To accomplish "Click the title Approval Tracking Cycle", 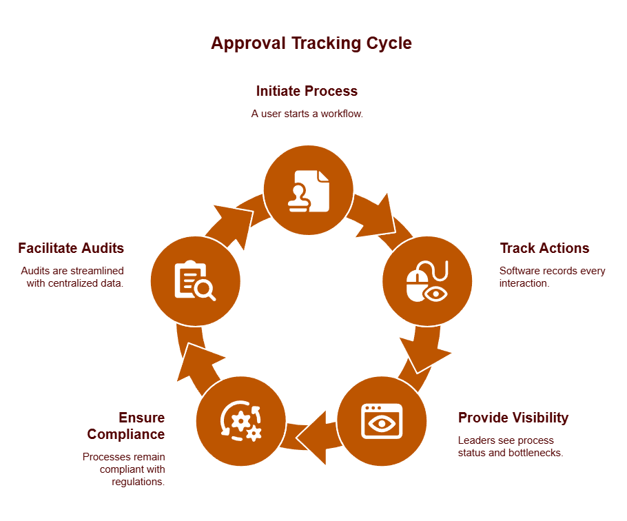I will [x=311, y=43].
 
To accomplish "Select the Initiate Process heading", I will [x=307, y=91].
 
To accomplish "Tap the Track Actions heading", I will [x=544, y=248].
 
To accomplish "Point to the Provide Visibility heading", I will [x=513, y=418].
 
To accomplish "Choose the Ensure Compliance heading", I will [x=126, y=426].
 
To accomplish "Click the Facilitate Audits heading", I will [x=71, y=248].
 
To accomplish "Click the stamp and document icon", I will [x=309, y=190].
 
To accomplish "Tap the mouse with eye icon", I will [x=427, y=280].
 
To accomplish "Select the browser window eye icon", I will [x=382, y=420].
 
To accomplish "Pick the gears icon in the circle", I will [x=240, y=420].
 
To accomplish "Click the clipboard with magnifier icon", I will [x=195, y=280].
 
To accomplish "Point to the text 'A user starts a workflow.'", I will [x=307, y=114].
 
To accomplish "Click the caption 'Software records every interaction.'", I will [x=552, y=277].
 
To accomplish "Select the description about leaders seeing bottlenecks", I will [x=511, y=447].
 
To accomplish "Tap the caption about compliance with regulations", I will [x=124, y=469].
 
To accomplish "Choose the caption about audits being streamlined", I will [x=72, y=277].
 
